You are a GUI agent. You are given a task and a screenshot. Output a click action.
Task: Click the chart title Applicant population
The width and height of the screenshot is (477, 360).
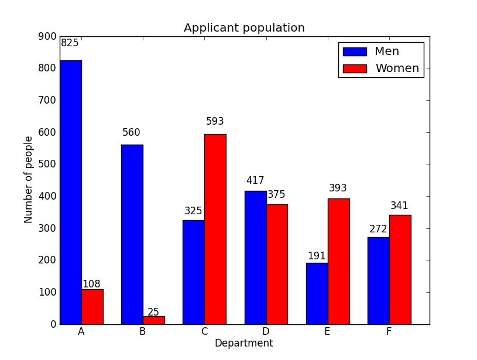click(x=244, y=28)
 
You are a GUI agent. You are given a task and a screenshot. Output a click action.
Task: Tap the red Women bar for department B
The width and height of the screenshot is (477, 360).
click(x=153, y=320)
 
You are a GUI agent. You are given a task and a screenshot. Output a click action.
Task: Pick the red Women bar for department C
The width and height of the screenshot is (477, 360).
click(x=215, y=229)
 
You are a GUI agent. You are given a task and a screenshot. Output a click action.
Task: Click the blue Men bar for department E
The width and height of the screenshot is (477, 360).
click(x=317, y=293)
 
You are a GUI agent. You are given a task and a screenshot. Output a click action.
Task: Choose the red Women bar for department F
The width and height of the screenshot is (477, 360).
click(x=400, y=269)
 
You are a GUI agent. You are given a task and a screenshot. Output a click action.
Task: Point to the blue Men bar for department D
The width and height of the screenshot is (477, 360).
click(x=255, y=258)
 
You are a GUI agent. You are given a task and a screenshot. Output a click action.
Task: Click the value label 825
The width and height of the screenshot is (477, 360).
click(x=70, y=43)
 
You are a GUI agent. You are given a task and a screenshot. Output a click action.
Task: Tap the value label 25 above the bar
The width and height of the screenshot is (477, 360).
click(x=153, y=313)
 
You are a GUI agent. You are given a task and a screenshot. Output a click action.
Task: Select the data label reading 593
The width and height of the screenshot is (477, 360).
click(x=215, y=122)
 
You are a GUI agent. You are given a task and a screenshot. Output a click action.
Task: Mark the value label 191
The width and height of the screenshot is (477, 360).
click(x=317, y=256)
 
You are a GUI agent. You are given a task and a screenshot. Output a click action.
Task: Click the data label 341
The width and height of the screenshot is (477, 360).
click(x=400, y=206)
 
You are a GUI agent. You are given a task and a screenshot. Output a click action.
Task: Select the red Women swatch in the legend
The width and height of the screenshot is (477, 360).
click(x=355, y=68)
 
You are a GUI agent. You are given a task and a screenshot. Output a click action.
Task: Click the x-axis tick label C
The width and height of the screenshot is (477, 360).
click(x=204, y=332)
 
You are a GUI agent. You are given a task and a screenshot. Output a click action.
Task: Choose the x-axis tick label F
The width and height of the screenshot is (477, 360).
click(x=389, y=332)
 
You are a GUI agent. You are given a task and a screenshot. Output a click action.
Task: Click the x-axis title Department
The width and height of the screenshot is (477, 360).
click(x=243, y=344)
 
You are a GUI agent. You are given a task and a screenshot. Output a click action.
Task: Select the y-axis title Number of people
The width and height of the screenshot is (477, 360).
click(x=29, y=179)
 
